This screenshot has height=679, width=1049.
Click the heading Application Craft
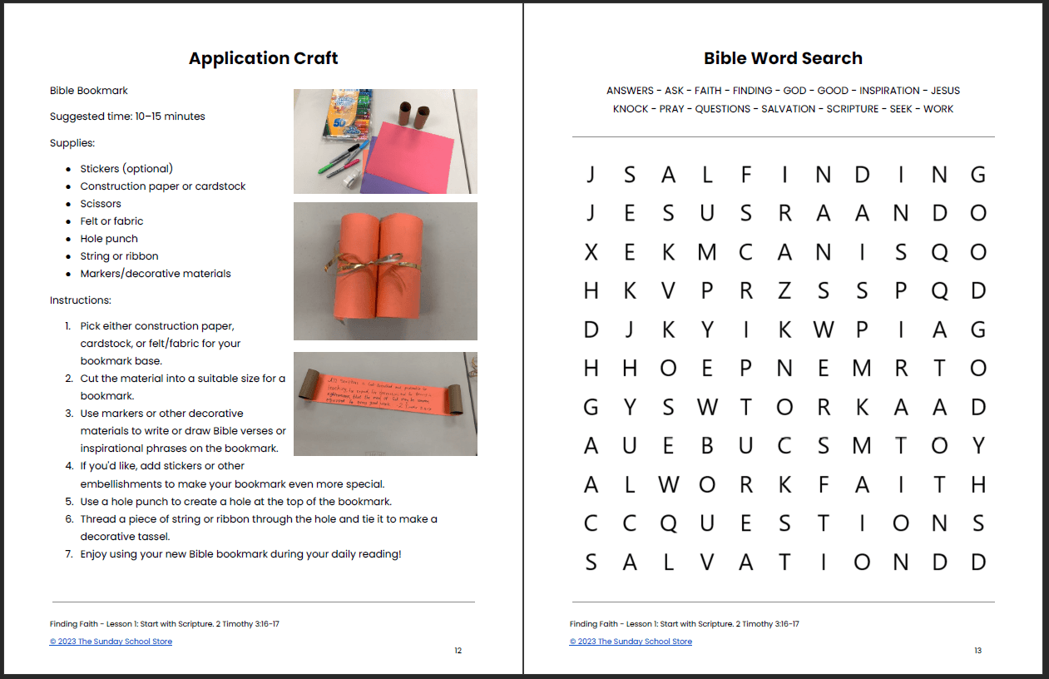[263, 58]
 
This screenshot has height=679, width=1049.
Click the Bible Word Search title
[783, 58]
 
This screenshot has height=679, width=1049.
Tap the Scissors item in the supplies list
[101, 204]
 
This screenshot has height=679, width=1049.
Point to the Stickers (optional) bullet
[126, 169]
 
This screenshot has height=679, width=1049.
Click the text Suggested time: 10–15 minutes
[127, 116]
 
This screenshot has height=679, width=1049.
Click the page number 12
[458, 651]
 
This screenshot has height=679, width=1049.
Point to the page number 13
[977, 651]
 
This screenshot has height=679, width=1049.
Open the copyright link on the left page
[111, 642]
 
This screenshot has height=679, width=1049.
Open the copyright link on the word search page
[631, 642]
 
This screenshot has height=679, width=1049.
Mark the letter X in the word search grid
[591, 252]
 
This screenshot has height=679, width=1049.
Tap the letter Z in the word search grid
[784, 290]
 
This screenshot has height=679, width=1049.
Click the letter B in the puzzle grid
[707, 446]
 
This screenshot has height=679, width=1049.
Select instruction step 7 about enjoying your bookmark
[240, 554]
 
